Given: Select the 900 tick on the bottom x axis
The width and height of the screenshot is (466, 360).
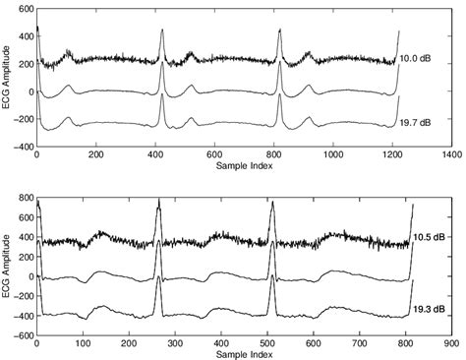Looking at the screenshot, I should click(x=450, y=344).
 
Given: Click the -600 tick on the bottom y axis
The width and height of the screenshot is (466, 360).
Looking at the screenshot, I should click(x=22, y=334).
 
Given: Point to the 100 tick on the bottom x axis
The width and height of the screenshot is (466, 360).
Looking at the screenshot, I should click(x=83, y=344).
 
